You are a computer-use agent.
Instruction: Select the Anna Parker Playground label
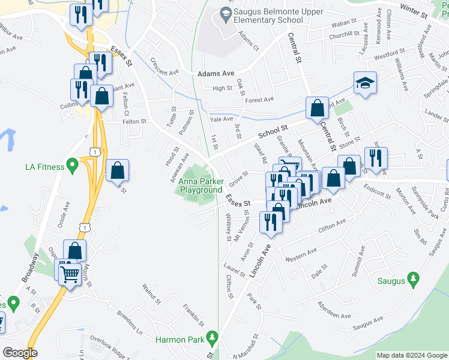pos(201,185)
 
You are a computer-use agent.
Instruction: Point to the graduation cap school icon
pos(364,84)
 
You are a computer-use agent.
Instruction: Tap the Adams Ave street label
pos(215,73)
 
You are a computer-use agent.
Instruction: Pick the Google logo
pos(20,353)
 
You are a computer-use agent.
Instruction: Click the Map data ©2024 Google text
pos(411,355)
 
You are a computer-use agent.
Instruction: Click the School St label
pos(273,131)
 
